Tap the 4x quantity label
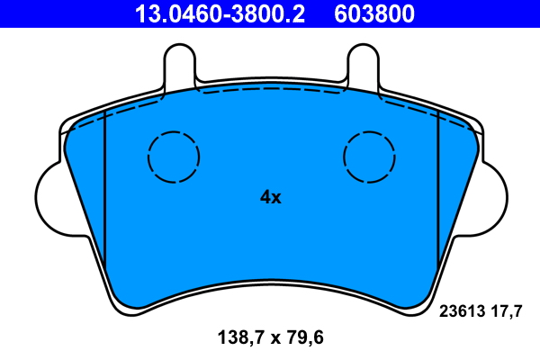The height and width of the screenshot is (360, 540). click(x=271, y=197)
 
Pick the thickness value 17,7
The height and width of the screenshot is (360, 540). click(x=506, y=312)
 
